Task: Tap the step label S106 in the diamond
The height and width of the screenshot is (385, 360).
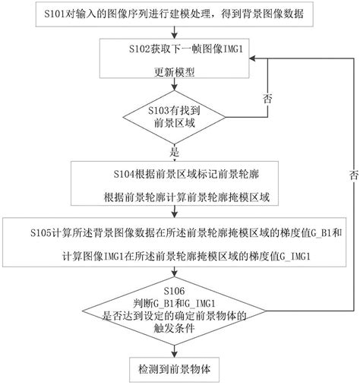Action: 175,289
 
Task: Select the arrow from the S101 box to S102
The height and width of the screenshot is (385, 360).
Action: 175,31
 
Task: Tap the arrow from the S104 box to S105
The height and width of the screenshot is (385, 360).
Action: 175,213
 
